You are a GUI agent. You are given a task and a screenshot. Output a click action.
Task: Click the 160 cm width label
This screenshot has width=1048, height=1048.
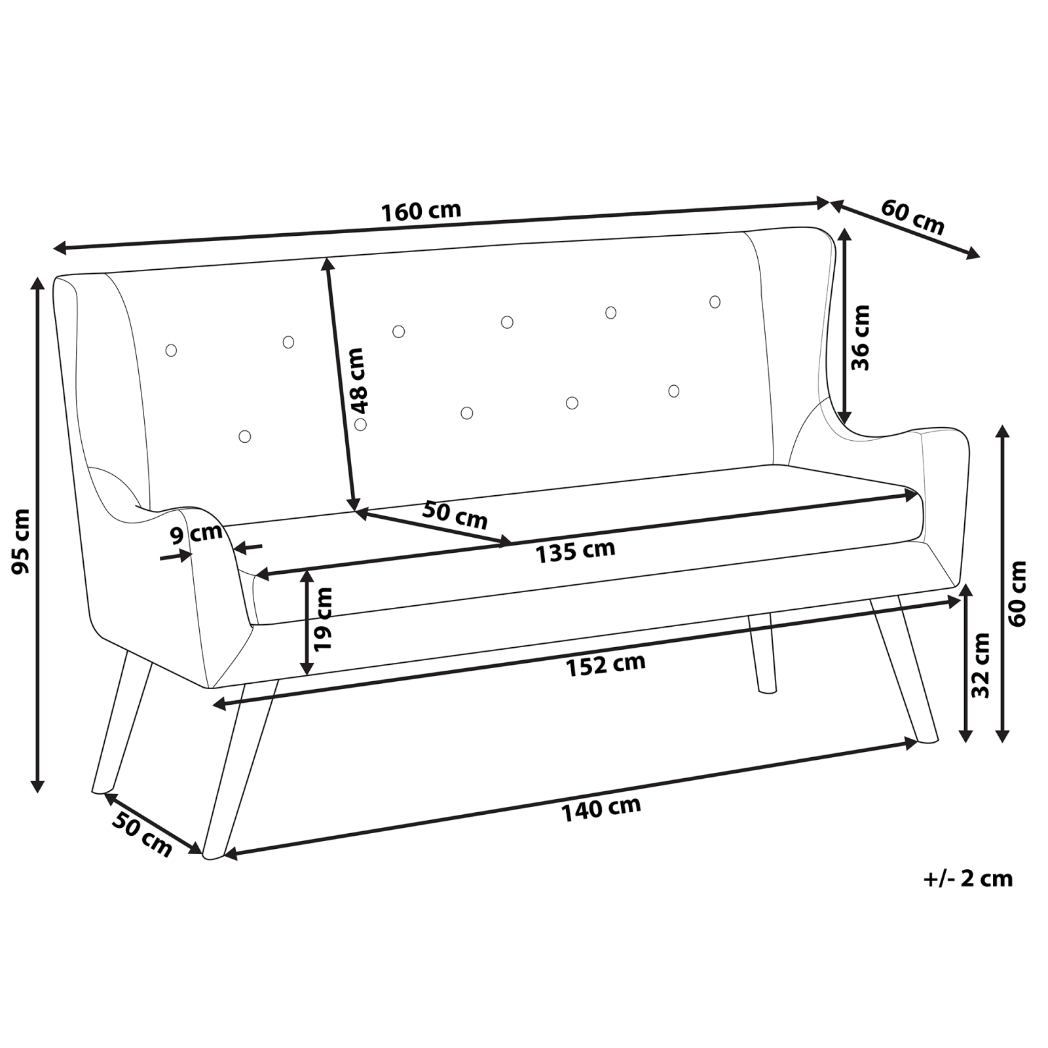(421, 212)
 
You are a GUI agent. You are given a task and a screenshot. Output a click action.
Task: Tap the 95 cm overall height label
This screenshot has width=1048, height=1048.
(22, 541)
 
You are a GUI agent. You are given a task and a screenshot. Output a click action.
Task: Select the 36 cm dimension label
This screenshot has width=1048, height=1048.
(861, 338)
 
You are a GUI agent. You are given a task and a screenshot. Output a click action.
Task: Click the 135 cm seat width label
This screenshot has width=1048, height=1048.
(576, 551)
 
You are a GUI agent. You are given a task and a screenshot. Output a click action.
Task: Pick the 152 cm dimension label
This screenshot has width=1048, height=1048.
(606, 665)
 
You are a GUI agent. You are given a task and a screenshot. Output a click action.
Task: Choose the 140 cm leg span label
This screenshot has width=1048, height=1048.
(601, 808)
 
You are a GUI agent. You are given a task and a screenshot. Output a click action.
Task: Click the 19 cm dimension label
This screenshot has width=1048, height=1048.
(324, 618)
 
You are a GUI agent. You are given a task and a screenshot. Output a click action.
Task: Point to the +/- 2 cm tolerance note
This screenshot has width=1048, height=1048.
(968, 878)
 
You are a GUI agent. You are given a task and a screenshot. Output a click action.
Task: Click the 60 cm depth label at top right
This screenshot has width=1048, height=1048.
(912, 217)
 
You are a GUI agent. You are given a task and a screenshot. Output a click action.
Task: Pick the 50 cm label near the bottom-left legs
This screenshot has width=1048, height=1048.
(141, 833)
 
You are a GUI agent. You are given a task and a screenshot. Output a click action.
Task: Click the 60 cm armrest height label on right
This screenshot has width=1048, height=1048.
(1017, 593)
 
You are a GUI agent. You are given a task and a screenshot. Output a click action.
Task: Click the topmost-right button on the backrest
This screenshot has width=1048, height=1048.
(715, 302)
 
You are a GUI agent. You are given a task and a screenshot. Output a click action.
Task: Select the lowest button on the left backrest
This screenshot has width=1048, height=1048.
(245, 436)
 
